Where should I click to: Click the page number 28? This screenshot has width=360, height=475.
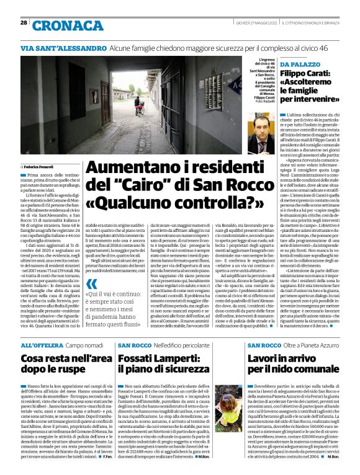24,23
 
